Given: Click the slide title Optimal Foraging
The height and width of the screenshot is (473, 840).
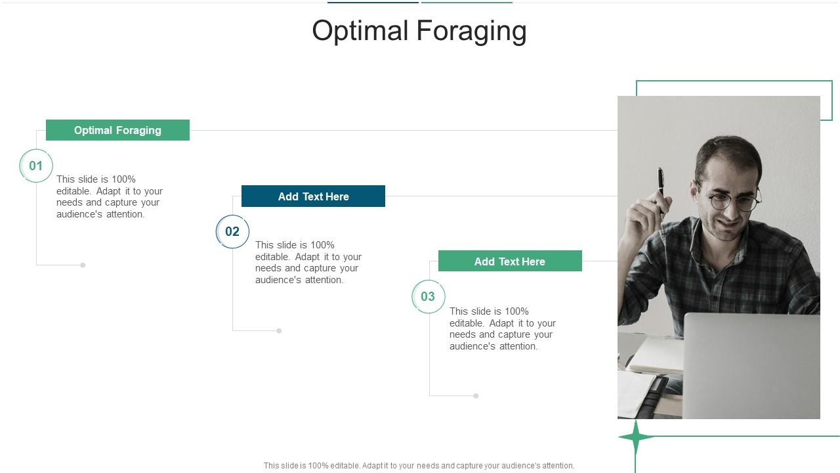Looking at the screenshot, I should [x=419, y=31].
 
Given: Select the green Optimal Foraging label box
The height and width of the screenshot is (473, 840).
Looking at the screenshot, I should [x=117, y=130].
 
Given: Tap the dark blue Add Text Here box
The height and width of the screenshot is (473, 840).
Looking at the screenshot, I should [x=313, y=196].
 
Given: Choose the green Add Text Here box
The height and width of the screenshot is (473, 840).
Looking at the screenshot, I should [x=510, y=261].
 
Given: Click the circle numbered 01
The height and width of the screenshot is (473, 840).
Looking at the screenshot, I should [x=36, y=166].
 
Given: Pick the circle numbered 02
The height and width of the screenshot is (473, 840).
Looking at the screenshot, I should [x=232, y=231].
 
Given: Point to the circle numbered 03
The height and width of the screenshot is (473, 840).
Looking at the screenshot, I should [x=428, y=296].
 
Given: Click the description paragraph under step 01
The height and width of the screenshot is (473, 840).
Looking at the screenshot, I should [x=109, y=196].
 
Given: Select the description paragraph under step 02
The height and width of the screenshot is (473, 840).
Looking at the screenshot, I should [x=308, y=262].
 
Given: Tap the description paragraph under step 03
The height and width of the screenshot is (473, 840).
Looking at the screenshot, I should [x=502, y=328].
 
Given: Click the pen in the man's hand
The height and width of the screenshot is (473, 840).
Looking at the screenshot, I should [x=661, y=185].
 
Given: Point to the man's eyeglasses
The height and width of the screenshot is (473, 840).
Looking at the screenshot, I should [x=734, y=200].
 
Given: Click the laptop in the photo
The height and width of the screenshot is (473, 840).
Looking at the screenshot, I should [x=751, y=365].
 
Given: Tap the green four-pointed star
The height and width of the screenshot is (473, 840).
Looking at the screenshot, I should [x=635, y=437].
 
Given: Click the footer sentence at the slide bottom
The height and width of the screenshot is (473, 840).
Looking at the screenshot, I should [x=419, y=466].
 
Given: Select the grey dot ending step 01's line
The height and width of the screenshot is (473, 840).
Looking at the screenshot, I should [x=83, y=265].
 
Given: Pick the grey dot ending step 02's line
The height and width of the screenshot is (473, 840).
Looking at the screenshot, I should [x=279, y=330].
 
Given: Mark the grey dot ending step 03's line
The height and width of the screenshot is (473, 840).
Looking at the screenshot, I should [x=476, y=395].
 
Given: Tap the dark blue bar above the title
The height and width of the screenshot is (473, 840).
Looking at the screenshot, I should [x=373, y=2].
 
